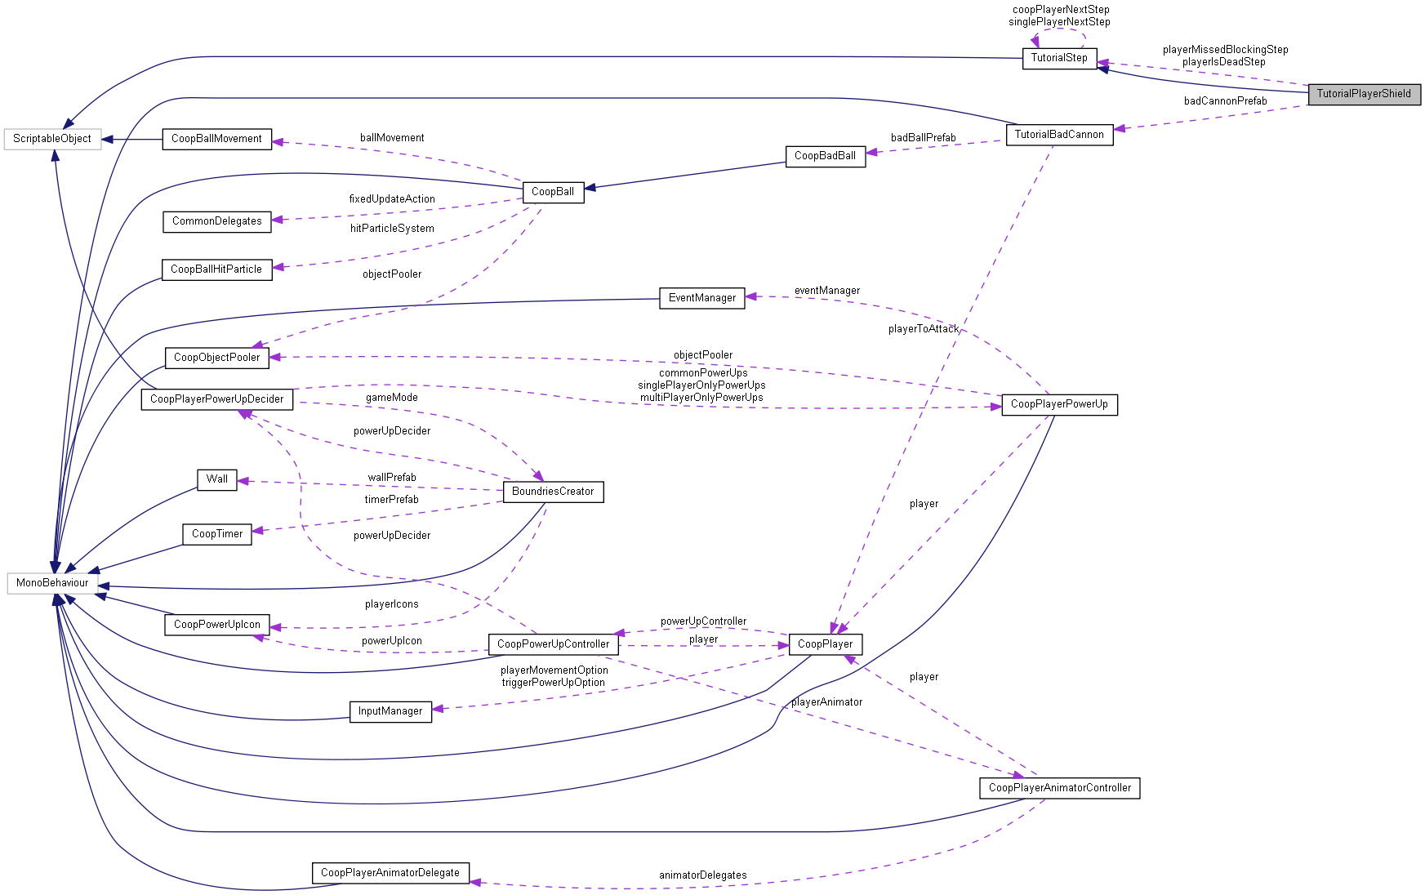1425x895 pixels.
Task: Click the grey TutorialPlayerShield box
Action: click(x=1363, y=94)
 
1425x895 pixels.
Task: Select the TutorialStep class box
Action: click(x=1058, y=58)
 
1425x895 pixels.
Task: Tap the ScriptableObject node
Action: click(x=52, y=139)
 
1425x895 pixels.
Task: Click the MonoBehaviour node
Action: click(x=52, y=583)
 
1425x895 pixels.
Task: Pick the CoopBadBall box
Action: click(x=825, y=156)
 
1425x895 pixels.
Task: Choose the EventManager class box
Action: click(x=701, y=298)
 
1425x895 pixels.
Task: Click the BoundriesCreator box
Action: click(x=553, y=492)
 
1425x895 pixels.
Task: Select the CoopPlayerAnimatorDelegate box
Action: click(x=390, y=873)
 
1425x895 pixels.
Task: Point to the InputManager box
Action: click(x=390, y=711)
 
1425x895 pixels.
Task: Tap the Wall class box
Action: click(x=216, y=479)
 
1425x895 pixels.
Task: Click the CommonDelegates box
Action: click(x=216, y=221)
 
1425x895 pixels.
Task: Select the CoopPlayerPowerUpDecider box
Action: click(x=216, y=399)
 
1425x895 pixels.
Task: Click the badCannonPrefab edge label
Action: click(x=1225, y=101)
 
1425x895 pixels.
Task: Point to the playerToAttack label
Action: click(x=923, y=329)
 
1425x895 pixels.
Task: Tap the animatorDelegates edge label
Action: click(x=702, y=875)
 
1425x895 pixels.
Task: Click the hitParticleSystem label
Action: click(x=392, y=229)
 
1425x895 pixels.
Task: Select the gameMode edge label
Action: click(x=391, y=398)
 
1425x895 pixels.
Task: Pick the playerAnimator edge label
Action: click(x=826, y=702)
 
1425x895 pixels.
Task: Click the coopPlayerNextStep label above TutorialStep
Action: click(x=1061, y=10)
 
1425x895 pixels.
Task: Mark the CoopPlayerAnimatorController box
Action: click(x=1059, y=788)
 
